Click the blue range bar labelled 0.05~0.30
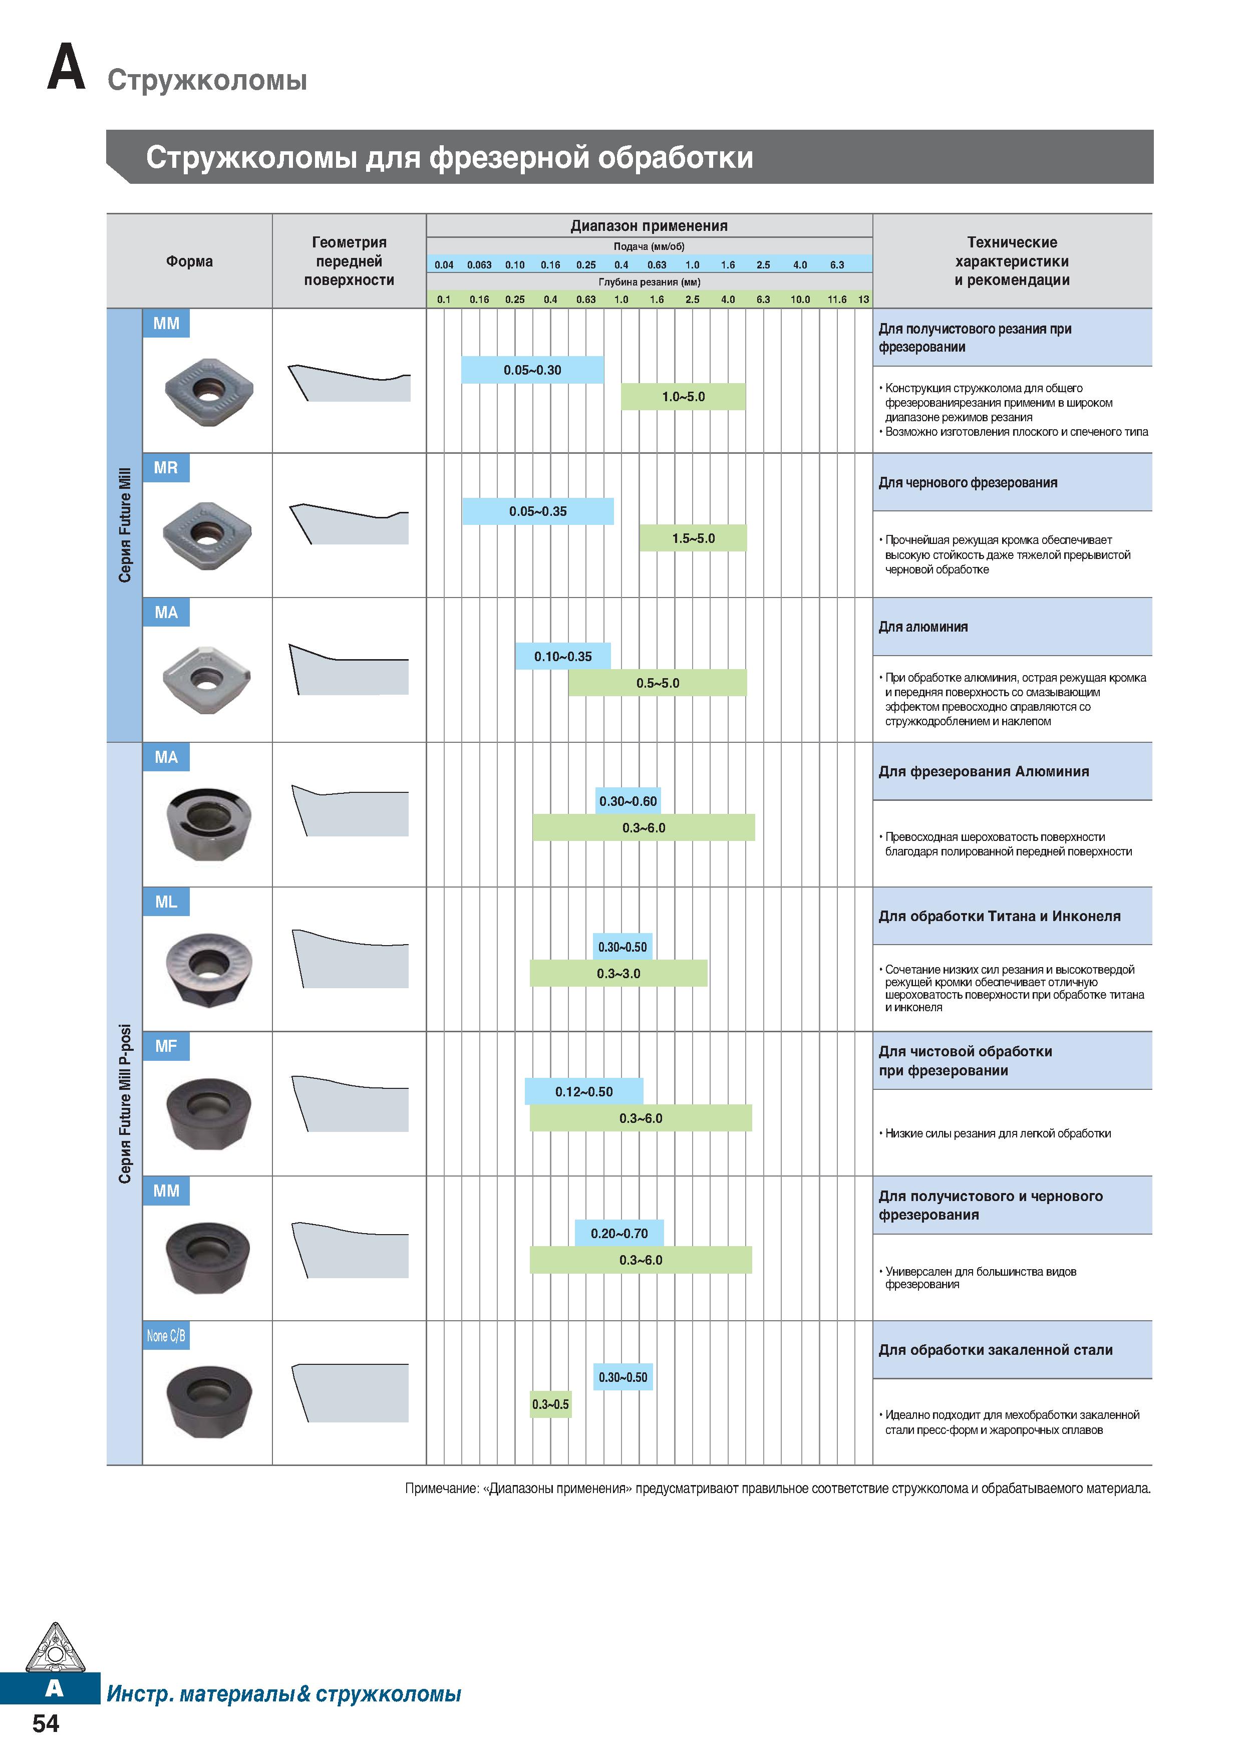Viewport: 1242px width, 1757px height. (x=532, y=370)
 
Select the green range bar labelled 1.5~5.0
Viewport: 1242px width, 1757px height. (x=693, y=538)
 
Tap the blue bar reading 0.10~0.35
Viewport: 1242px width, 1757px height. (x=562, y=656)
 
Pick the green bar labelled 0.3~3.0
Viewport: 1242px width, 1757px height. (x=618, y=973)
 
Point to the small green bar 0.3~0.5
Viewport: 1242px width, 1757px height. (x=550, y=1404)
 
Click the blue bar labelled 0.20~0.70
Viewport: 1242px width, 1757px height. (x=619, y=1233)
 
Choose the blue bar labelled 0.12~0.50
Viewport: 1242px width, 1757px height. (x=584, y=1091)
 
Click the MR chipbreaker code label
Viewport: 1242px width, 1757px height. (x=166, y=468)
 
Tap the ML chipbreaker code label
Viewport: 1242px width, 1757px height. (x=166, y=902)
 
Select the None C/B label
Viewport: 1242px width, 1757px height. (x=166, y=1335)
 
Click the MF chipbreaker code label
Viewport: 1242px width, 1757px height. (x=166, y=1046)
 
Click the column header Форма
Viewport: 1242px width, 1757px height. (x=190, y=261)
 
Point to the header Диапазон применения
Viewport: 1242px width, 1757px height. (x=649, y=226)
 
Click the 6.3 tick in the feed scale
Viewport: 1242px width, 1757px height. (x=837, y=265)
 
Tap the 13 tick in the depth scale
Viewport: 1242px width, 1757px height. (x=864, y=299)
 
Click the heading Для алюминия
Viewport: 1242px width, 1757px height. (x=923, y=627)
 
